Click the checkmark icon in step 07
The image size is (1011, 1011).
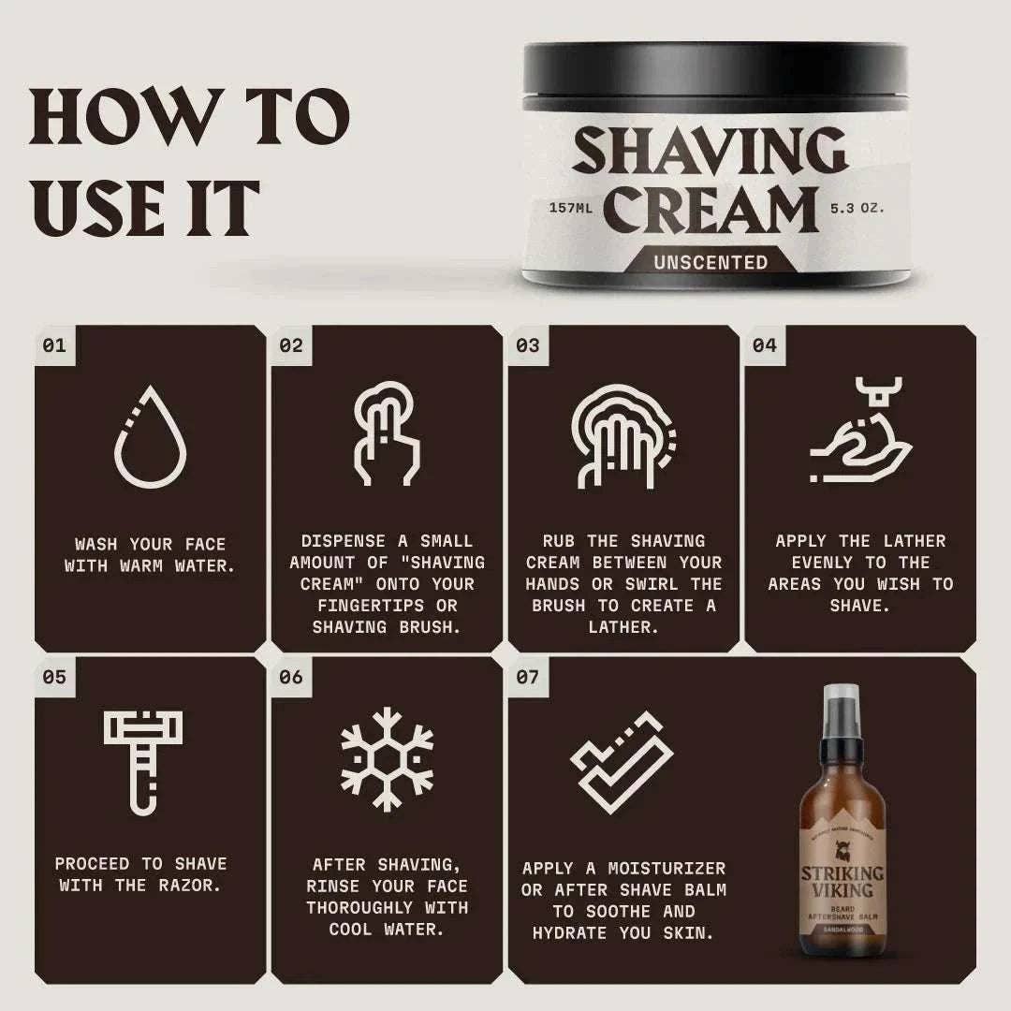(x=623, y=756)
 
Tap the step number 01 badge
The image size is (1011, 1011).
(x=54, y=345)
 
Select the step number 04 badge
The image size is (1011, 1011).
(x=764, y=345)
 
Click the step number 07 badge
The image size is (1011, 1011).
(x=528, y=677)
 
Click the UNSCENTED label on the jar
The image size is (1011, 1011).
(x=711, y=262)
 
